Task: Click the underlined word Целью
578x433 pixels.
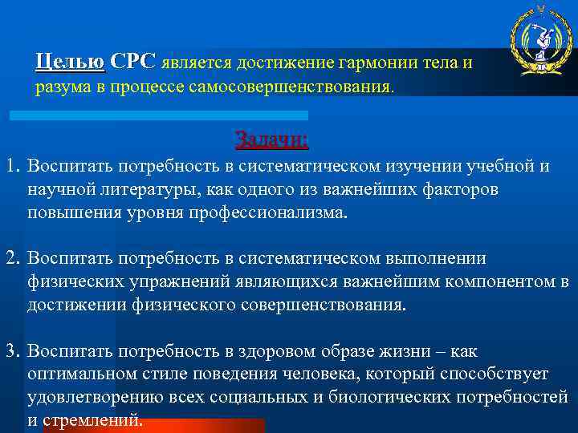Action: (70, 62)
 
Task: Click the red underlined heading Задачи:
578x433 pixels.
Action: (271, 140)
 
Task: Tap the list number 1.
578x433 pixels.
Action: (11, 167)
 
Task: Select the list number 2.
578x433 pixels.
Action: (11, 259)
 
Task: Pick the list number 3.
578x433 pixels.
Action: (11, 351)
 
